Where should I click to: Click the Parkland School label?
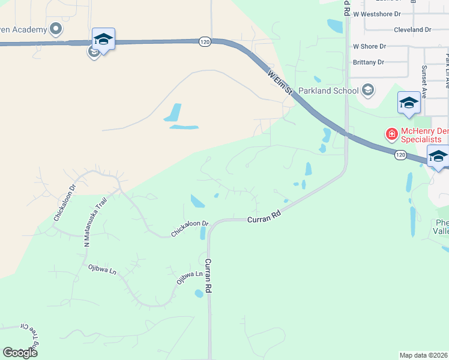[x=335, y=91]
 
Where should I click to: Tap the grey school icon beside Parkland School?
[x=368, y=91]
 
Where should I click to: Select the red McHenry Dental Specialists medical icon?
[x=391, y=133]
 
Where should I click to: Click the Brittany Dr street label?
[x=369, y=62]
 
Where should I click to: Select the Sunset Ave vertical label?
[x=424, y=82]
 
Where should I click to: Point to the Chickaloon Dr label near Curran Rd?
[x=189, y=229]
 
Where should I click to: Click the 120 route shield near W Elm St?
[x=205, y=41]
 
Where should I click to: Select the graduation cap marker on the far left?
[x=103, y=40]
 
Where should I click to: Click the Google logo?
[x=20, y=353]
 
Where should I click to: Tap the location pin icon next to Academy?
[x=56, y=28]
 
